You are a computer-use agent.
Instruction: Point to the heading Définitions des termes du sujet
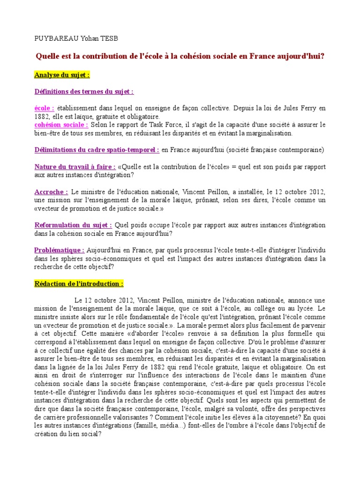pyautogui.click(x=84, y=91)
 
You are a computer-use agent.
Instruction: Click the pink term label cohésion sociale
pyautogui.click(x=61, y=125)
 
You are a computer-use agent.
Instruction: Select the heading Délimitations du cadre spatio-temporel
pyautogui.click(x=97, y=150)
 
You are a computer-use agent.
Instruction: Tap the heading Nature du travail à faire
pyautogui.click(x=75, y=167)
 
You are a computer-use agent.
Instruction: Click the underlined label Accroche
pyautogui.click(x=51, y=192)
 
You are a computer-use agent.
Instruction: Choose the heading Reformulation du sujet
pyautogui.click(x=73, y=225)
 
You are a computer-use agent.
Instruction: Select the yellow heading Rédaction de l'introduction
pyautogui.click(x=79, y=284)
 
